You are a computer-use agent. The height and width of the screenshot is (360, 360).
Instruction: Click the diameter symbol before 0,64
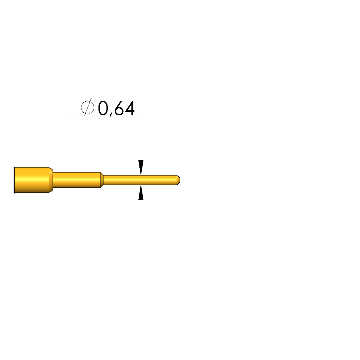click(x=88, y=108)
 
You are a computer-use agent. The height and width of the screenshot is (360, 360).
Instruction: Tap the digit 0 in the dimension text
click(x=103, y=108)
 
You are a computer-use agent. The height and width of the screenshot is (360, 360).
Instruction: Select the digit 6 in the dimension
click(x=119, y=108)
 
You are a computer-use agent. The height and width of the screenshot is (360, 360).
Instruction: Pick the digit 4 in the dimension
click(x=129, y=108)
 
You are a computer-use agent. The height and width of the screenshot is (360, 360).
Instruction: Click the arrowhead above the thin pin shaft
click(x=141, y=168)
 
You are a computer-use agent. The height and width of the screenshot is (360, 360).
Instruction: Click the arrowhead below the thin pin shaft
click(x=141, y=192)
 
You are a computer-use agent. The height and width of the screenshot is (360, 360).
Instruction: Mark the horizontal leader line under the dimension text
click(x=106, y=119)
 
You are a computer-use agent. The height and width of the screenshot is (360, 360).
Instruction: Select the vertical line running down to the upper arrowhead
click(x=141, y=140)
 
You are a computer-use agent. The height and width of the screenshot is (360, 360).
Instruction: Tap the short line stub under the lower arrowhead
click(x=141, y=204)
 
